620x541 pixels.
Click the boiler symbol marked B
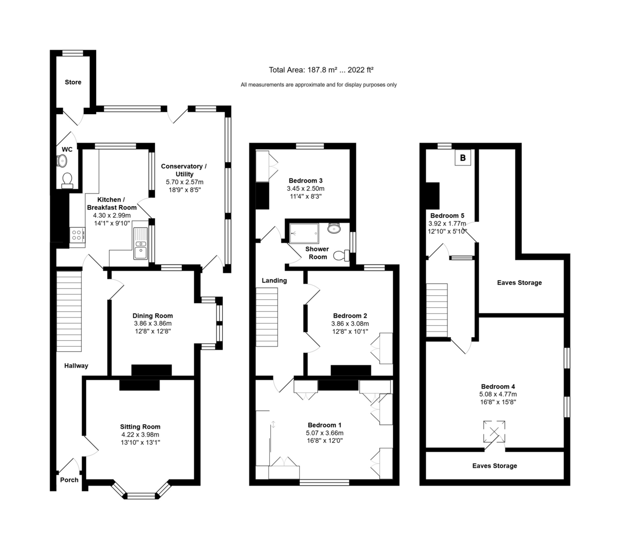pyautogui.click(x=463, y=158)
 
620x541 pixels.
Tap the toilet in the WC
pyautogui.click(x=67, y=181)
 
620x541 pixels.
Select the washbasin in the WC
pyautogui.click(x=61, y=161)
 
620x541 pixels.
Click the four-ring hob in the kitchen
pyautogui.click(x=78, y=235)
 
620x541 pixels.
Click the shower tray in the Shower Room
pyautogui.click(x=304, y=233)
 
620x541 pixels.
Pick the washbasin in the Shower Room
pyautogui.click(x=334, y=228)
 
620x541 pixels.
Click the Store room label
pyautogui.click(x=73, y=82)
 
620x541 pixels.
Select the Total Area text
pyautogui.click(x=321, y=70)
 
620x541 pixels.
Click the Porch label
pyautogui.click(x=69, y=480)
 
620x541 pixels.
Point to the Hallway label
pyautogui.click(x=76, y=366)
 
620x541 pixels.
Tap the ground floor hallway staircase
pyautogui.click(x=69, y=311)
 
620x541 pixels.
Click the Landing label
pyautogui.click(x=274, y=280)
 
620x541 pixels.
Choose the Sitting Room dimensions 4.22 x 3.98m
pyautogui.click(x=139, y=434)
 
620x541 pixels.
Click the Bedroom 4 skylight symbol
pyautogui.click(x=494, y=431)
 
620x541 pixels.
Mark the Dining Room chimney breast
pyautogui.click(x=151, y=370)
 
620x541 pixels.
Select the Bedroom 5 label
pyautogui.click(x=447, y=216)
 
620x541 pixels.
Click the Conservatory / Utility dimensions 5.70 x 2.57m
pyautogui.click(x=184, y=182)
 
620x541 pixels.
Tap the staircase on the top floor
pyautogui.click(x=437, y=310)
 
